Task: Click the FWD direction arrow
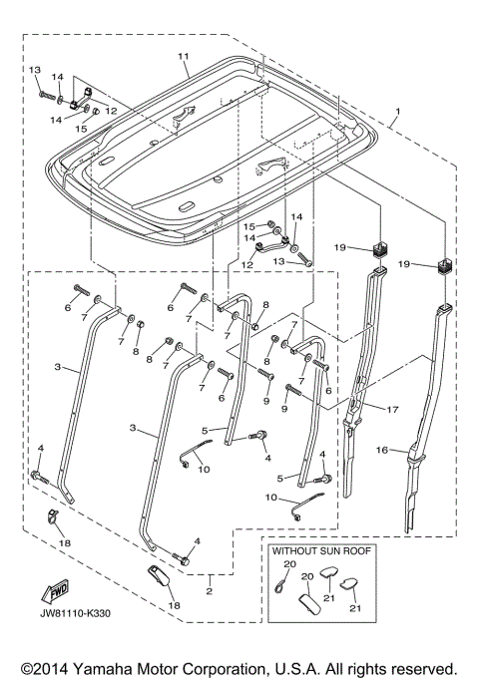55,591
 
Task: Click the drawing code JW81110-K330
76,613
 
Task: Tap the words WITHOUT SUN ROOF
321,550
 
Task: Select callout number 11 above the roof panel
183,57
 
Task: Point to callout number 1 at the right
397,112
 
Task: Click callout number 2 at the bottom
210,591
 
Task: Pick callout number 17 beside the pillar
392,409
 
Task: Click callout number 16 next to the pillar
381,450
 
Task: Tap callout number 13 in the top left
35,70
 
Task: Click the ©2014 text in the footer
45,668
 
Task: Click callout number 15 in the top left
81,129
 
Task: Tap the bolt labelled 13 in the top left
47,95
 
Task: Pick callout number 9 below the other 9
284,409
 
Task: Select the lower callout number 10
270,497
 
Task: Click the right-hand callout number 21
355,608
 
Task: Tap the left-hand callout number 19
340,247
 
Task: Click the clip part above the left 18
52,515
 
